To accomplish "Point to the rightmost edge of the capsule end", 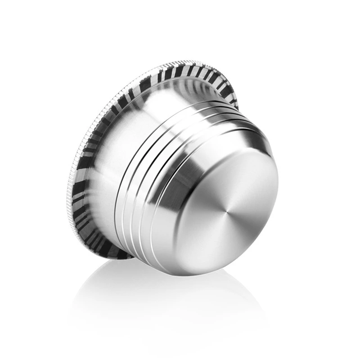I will pos(278,189).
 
